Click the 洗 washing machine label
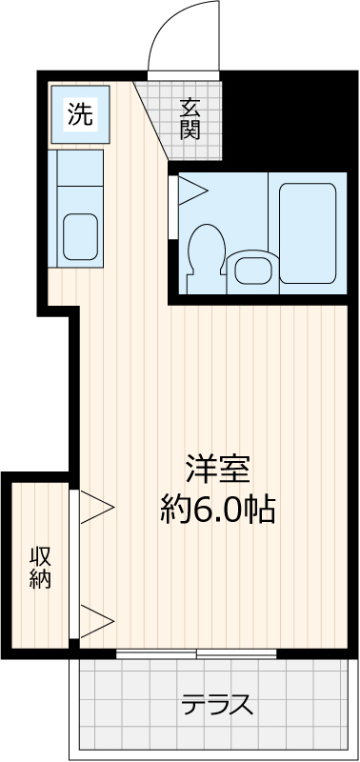tap(80, 114)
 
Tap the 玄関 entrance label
tap(190, 118)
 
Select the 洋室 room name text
tap(218, 469)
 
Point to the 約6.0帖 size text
tap(218, 508)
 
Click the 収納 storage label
tap(40, 568)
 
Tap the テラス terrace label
tap(218, 704)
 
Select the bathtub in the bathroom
tap(308, 233)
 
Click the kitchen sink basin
tap(81, 236)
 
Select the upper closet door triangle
tap(97, 507)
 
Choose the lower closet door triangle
tap(97, 621)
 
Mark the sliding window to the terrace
tap(196, 653)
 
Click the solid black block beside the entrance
tap(290, 119)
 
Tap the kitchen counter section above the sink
tap(80, 168)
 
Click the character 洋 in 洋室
tap(202, 469)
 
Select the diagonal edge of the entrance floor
tap(150, 120)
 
